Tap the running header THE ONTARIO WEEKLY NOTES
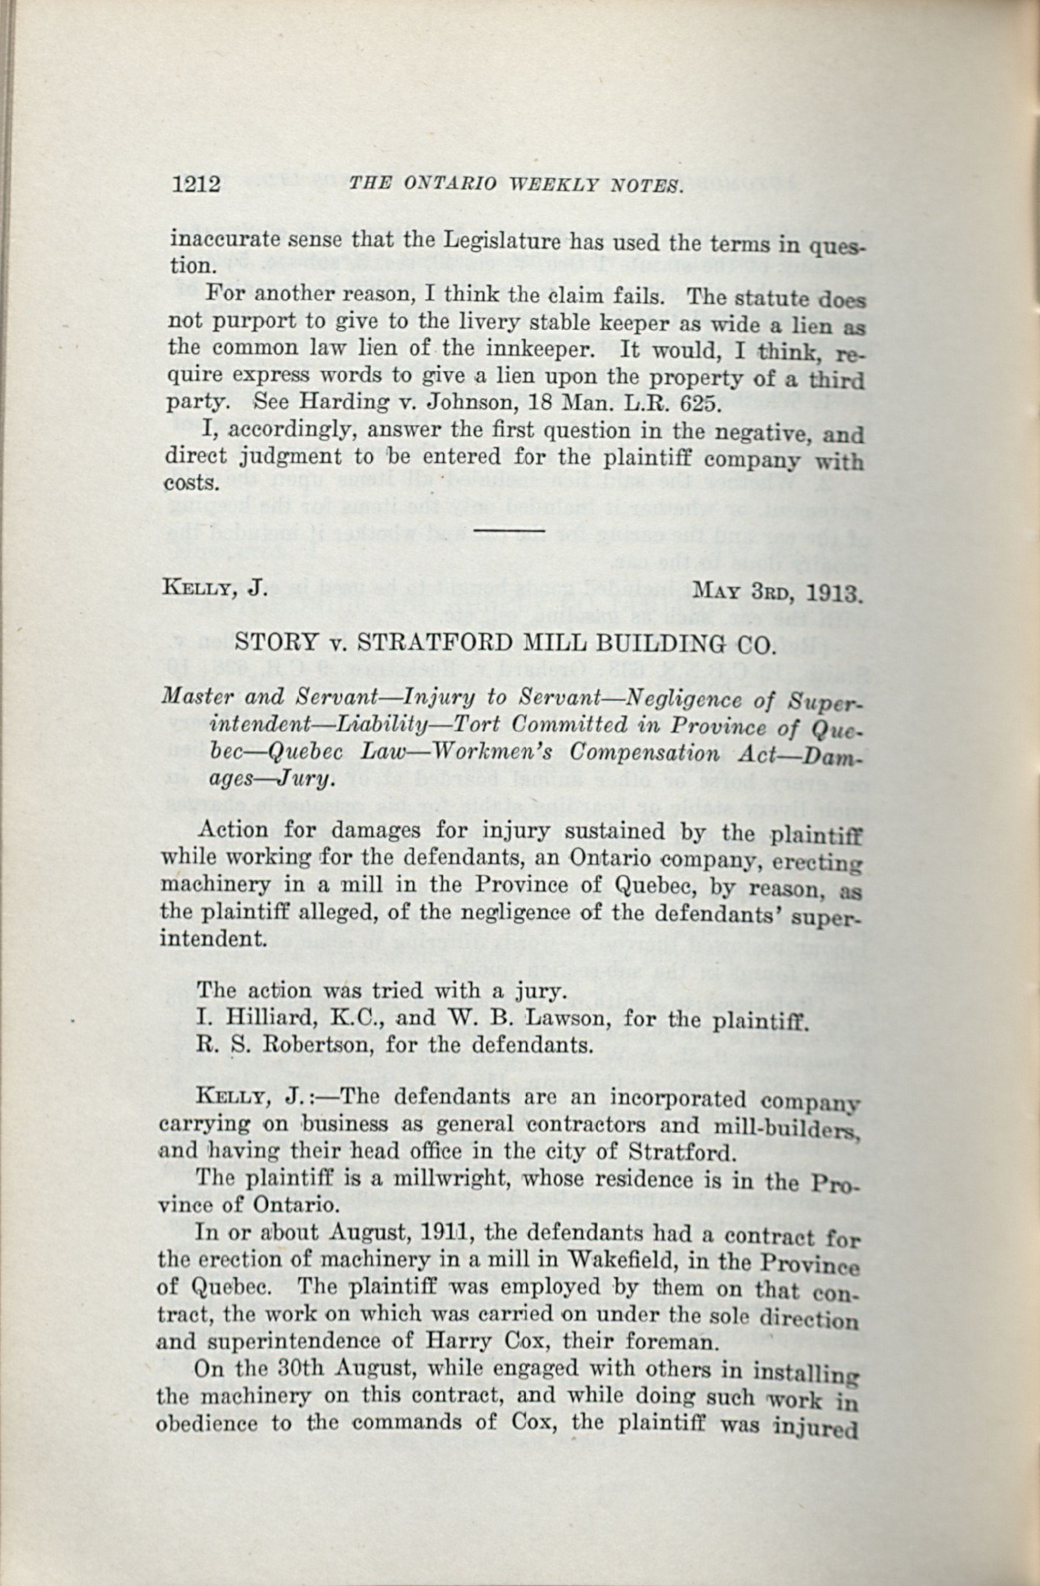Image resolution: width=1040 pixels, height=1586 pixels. tap(517, 185)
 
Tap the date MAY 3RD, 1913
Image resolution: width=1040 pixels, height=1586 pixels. tap(777, 590)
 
